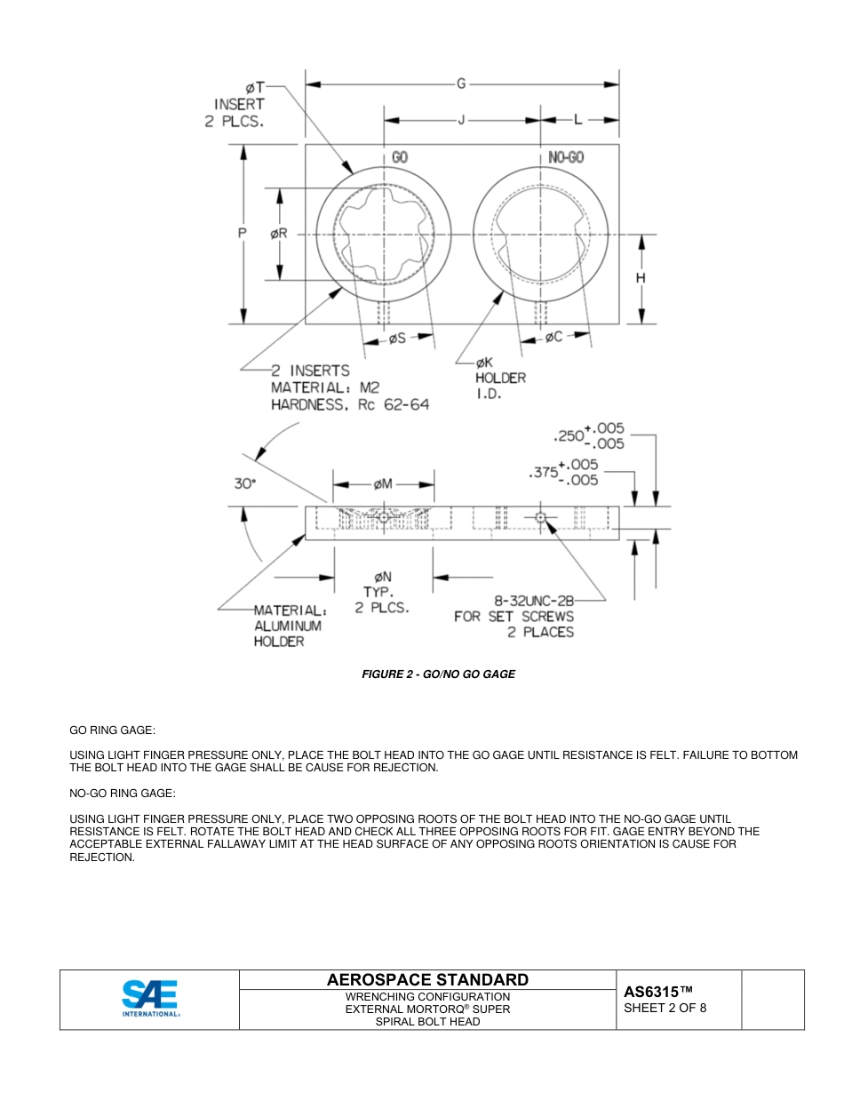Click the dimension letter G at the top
coord(461,84)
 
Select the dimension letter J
coord(461,120)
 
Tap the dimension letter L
coord(577,120)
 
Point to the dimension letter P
coord(242,234)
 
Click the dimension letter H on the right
coord(641,278)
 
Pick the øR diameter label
coord(278,234)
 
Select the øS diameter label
coord(397,338)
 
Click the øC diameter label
coord(553,337)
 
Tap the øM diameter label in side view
coord(383,484)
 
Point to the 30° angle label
coord(245,483)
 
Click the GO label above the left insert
coord(400,157)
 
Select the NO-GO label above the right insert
coord(565,157)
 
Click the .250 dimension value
coord(568,436)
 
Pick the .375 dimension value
coord(543,473)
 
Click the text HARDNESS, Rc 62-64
coord(349,404)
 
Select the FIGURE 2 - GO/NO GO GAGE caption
coord(438,674)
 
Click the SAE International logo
coord(150,999)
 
